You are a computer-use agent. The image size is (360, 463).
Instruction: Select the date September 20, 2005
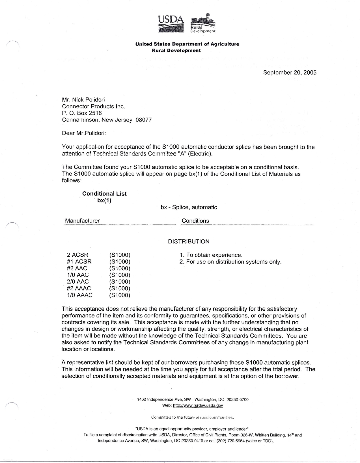click(290, 72)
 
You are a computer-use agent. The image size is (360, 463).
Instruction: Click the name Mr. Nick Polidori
click(83, 100)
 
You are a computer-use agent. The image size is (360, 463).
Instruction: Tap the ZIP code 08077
click(144, 120)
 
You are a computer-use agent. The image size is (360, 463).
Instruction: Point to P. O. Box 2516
click(82, 113)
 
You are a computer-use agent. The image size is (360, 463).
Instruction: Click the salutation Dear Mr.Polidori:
click(84, 133)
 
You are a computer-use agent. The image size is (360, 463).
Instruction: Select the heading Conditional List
click(104, 194)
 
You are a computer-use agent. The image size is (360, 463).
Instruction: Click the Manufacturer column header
click(82, 221)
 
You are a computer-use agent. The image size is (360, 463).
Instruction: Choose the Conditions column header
click(195, 221)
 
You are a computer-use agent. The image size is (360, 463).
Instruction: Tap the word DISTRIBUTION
click(189, 242)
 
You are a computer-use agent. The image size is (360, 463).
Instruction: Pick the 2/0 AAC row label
click(78, 282)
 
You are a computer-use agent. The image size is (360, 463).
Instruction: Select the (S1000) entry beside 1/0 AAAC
click(120, 295)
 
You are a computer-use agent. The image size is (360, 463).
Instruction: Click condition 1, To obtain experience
click(211, 255)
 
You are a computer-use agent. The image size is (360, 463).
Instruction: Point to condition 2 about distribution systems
click(230, 262)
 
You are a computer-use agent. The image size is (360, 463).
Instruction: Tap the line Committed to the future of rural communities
click(192, 417)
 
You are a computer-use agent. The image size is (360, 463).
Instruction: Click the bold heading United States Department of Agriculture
click(187, 44)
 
